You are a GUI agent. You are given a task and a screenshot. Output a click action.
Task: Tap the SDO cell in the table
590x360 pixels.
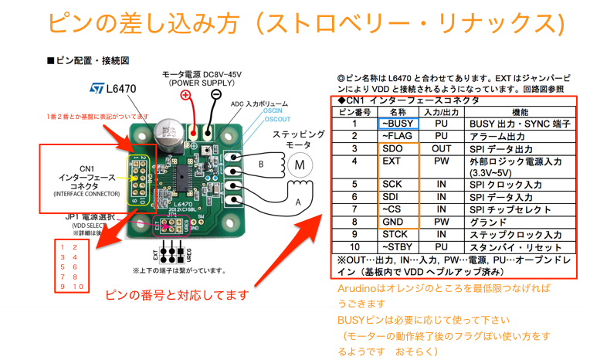coord(394,148)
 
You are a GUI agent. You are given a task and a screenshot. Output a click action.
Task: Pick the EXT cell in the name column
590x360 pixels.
coord(392,161)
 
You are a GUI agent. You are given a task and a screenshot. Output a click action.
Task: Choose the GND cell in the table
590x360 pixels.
coord(394,221)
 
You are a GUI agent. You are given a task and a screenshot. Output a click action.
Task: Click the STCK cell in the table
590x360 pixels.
coord(395,234)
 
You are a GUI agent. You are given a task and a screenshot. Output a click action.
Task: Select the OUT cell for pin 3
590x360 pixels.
coord(441,148)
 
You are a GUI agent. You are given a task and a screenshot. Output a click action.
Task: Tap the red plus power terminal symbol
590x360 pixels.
coord(186,95)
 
